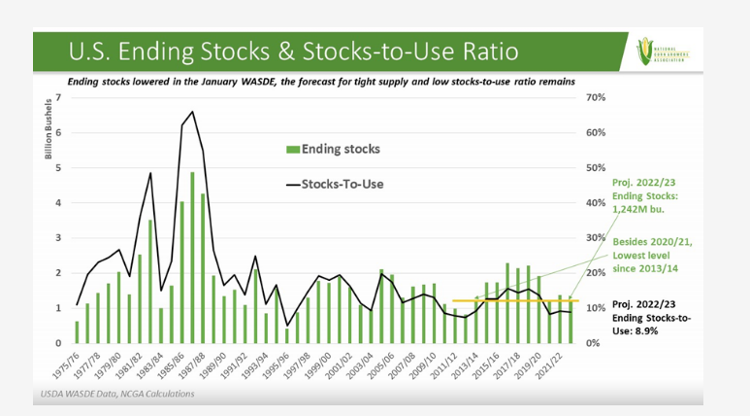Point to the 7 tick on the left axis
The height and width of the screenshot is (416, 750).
(x=59, y=97)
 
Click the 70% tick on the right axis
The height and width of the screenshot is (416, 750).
(x=595, y=97)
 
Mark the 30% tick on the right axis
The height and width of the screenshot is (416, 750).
(x=595, y=238)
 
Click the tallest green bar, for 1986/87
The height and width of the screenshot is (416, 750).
(x=192, y=258)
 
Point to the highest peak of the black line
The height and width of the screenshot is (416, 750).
(x=192, y=112)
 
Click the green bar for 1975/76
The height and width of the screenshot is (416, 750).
(x=77, y=331)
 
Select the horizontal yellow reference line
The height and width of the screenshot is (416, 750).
(x=514, y=300)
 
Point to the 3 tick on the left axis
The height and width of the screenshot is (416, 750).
(x=59, y=238)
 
